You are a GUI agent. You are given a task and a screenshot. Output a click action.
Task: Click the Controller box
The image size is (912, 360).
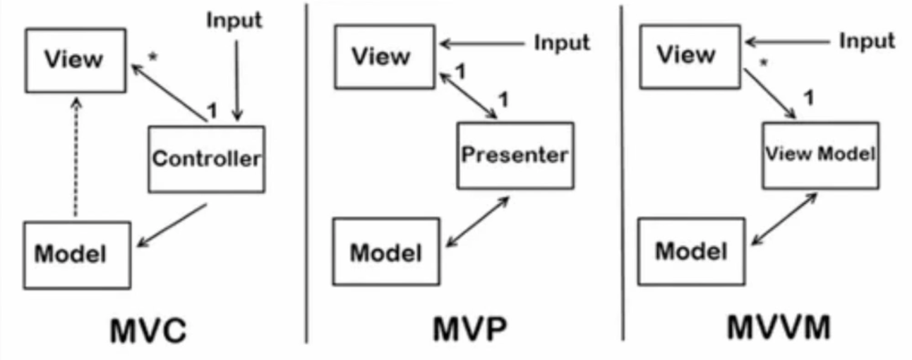click(206, 159)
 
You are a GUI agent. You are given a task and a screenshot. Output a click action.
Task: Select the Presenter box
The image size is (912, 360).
click(515, 155)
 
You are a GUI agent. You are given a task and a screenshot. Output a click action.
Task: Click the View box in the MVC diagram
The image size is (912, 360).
click(76, 60)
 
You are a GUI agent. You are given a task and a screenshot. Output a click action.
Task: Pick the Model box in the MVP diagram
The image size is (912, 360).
click(385, 251)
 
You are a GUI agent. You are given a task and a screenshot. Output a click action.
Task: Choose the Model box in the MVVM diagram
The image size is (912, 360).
click(690, 251)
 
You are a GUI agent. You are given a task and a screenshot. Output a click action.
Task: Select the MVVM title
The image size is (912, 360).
click(779, 329)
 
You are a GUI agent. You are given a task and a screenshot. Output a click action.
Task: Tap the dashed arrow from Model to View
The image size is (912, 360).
click(76, 159)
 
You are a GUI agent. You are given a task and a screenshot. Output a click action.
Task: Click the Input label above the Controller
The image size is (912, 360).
click(234, 20)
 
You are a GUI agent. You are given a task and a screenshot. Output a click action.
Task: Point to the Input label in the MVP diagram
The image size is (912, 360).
click(561, 43)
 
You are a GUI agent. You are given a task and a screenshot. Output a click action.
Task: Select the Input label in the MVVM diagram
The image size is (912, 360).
click(866, 42)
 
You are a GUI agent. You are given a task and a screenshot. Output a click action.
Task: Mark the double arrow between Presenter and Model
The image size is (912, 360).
click(478, 221)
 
